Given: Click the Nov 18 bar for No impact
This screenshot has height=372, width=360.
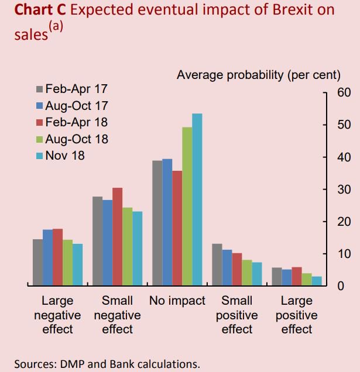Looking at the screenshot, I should pyautogui.click(x=197, y=199).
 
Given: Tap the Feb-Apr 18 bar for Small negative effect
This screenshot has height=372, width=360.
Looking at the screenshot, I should pyautogui.click(x=118, y=236).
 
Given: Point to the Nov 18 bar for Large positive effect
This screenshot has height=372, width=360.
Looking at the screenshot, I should pyautogui.click(x=317, y=281).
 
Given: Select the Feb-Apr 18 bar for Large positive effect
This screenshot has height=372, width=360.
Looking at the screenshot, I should pyautogui.click(x=297, y=276).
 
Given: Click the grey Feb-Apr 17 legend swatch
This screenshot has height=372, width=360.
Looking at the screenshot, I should pyautogui.click(x=40, y=89).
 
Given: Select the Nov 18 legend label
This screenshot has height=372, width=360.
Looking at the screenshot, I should pyautogui.click(x=65, y=156).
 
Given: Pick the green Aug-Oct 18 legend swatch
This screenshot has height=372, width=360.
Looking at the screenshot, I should pyautogui.click(x=40, y=139).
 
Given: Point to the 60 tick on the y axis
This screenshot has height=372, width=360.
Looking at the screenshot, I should pyautogui.click(x=344, y=93).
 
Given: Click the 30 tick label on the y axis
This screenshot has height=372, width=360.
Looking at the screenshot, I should pyautogui.click(x=344, y=190).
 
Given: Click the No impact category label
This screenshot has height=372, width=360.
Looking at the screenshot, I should pyautogui.click(x=177, y=301).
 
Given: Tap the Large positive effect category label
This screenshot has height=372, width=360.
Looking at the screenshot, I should pyautogui.click(x=297, y=315).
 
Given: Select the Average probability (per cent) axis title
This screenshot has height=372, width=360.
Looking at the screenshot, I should pyautogui.click(x=258, y=75).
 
